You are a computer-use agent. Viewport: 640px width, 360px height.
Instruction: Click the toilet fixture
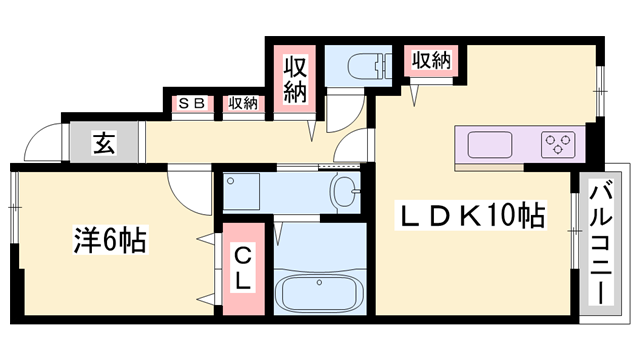369,66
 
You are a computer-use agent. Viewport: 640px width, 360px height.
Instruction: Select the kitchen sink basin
489,145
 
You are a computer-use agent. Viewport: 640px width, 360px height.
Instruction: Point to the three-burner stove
558,145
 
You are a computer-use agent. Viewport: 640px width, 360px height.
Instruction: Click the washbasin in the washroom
347,191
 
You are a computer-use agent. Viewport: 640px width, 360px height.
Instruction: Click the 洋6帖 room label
110,240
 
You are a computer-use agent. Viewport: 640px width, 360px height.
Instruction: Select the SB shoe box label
192,103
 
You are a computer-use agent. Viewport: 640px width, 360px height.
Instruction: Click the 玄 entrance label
104,143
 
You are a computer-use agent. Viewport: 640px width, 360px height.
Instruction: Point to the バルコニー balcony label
600,244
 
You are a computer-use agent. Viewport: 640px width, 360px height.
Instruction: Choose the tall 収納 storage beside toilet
295,80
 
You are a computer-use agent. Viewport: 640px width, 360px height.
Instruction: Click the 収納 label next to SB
243,103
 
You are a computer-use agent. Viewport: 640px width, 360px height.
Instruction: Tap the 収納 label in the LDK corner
431,60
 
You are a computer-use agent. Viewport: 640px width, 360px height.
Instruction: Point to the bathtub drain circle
319,282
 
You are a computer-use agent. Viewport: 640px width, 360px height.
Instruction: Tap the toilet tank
386,66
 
